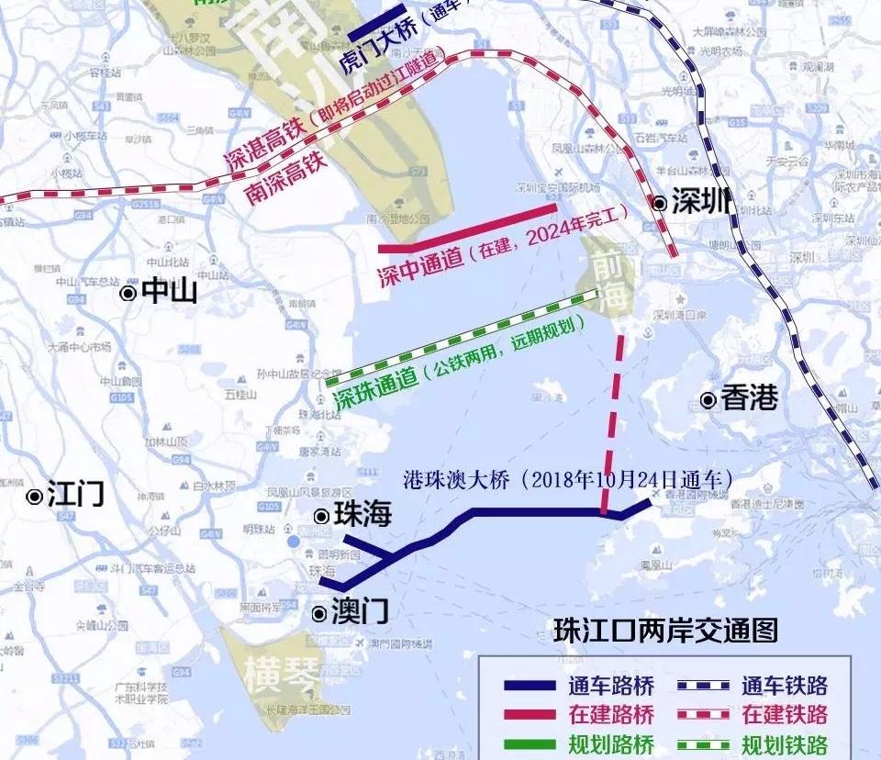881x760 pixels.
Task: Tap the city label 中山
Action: pos(170,292)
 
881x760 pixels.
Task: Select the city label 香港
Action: pos(750,398)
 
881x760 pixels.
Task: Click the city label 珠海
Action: pos(363,515)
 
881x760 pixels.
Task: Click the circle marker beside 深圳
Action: pos(659,204)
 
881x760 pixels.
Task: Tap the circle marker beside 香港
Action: pos(708,399)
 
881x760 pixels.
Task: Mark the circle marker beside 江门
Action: pos(35,497)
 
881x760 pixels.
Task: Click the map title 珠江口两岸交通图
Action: pos(665,631)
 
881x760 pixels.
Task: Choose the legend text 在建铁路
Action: pos(785,714)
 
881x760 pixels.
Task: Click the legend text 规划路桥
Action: pos(611,744)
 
